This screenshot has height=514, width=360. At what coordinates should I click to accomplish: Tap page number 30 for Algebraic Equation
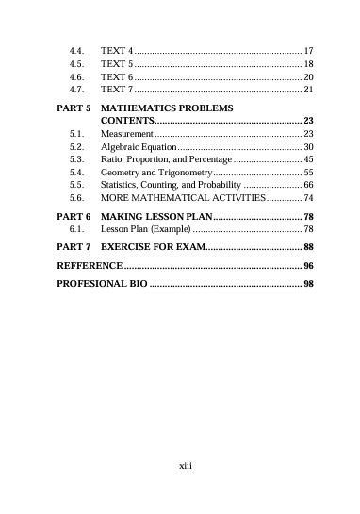click(x=308, y=149)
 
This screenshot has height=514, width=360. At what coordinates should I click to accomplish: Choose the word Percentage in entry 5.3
click(x=208, y=161)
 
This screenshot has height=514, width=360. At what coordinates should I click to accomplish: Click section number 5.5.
click(x=78, y=187)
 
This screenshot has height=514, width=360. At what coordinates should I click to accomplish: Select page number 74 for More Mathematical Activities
click(x=308, y=199)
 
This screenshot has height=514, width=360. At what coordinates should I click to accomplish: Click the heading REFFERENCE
click(x=89, y=266)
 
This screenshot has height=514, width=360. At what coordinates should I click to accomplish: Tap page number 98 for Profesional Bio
click(x=308, y=284)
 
